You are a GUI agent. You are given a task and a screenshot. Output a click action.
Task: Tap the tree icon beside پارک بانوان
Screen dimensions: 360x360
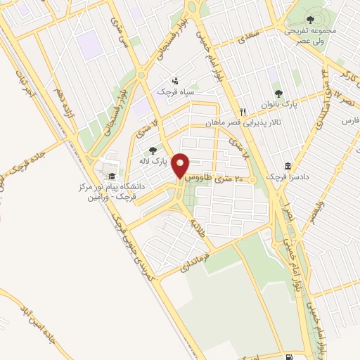(279, 92)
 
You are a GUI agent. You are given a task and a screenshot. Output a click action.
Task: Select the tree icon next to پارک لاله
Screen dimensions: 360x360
(153, 150)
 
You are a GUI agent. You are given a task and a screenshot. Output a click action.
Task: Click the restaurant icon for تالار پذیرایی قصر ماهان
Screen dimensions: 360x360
(243, 111)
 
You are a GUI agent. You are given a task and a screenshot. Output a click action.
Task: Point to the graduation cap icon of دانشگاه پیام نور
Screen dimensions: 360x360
(112, 176)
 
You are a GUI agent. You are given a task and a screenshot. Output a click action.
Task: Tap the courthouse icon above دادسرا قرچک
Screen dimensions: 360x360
(288, 165)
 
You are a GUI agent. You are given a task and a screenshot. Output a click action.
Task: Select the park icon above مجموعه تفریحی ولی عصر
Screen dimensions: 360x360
(311, 20)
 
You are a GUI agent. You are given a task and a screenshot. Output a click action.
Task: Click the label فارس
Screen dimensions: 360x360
(349, 121)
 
